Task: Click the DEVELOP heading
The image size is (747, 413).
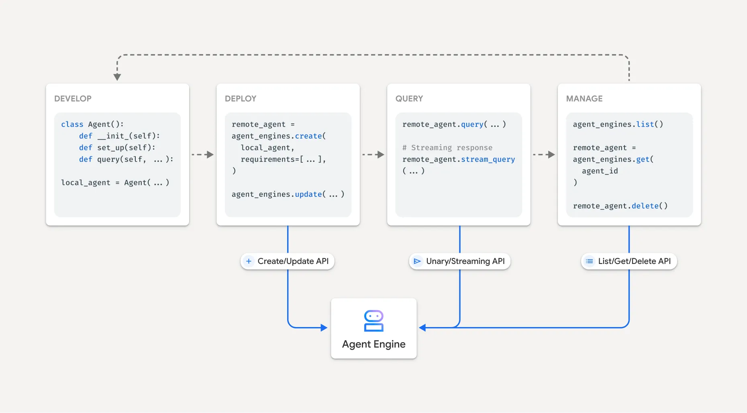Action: click(x=73, y=98)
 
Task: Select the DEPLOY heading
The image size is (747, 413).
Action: click(x=240, y=98)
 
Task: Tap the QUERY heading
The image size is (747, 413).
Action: click(x=409, y=98)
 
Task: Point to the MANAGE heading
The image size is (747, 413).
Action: click(x=584, y=98)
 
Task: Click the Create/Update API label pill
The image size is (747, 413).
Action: click(x=288, y=261)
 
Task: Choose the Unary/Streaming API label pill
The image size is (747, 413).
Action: click(x=459, y=261)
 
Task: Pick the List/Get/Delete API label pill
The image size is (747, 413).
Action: click(x=629, y=261)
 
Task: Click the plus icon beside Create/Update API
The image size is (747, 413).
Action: click(x=249, y=261)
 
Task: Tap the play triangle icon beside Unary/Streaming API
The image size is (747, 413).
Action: click(x=417, y=261)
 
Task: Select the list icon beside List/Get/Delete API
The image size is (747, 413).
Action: click(x=589, y=261)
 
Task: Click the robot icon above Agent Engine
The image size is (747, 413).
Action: click(x=373, y=321)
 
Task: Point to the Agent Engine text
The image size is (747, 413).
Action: click(x=373, y=344)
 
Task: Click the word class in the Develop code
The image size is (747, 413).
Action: click(x=72, y=125)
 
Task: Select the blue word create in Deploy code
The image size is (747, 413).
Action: click(x=308, y=136)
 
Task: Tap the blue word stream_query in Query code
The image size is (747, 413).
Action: click(x=488, y=159)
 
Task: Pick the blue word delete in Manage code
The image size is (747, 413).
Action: click(x=645, y=206)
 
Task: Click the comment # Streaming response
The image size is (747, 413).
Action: click(x=447, y=148)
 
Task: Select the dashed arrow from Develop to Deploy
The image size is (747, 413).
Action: click(x=203, y=155)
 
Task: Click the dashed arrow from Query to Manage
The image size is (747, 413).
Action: click(x=544, y=155)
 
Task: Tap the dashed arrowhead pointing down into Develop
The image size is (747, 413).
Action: click(x=117, y=77)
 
